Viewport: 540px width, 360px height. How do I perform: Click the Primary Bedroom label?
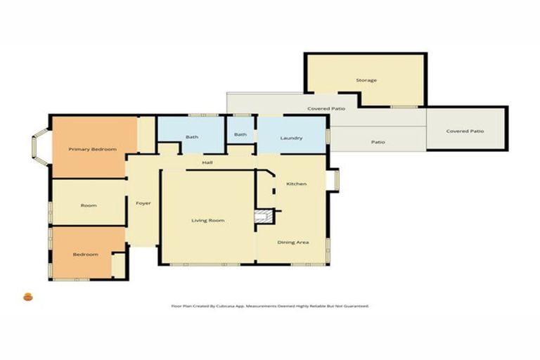92,149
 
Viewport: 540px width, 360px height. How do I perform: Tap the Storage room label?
366,80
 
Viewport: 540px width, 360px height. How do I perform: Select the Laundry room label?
291,138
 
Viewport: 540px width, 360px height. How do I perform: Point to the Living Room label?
208,220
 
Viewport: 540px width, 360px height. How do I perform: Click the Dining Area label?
293,242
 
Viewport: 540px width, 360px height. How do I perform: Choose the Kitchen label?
296,184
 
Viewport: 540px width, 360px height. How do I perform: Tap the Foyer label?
143,203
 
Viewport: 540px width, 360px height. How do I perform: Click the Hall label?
207,162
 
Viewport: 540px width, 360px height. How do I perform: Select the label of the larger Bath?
191,136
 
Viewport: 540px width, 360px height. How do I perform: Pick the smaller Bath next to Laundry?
240,134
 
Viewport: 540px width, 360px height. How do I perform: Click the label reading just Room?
89,205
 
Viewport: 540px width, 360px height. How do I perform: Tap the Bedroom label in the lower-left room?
86,254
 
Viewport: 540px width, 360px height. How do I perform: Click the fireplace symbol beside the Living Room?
263,217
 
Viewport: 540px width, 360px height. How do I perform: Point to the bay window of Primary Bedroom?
39,147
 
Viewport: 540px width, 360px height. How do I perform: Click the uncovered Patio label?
378,142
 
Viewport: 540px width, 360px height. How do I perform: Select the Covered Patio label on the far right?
465,131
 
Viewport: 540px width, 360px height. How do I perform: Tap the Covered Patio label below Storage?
324,109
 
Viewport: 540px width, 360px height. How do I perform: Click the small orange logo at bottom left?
28,297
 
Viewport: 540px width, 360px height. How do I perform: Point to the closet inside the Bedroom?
118,266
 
